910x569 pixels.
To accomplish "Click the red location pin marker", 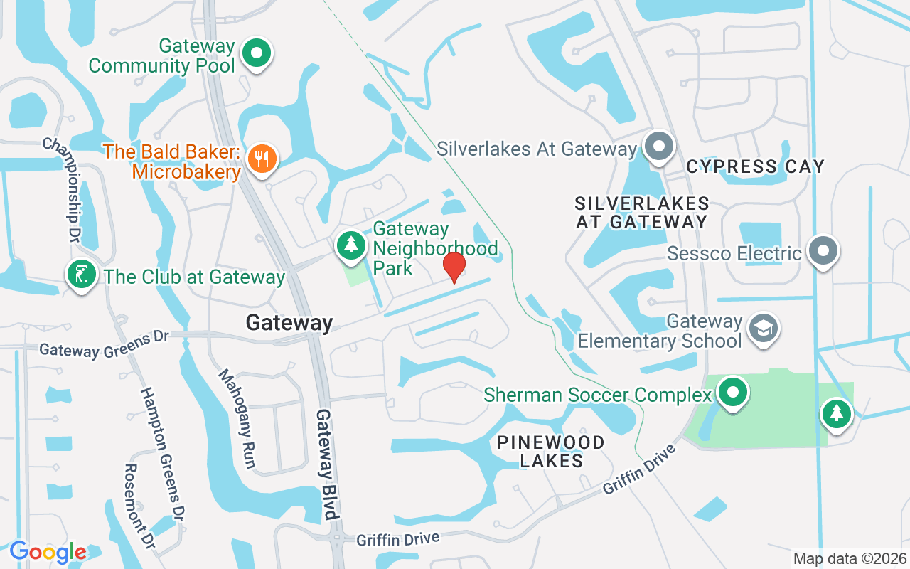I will coord(454,267).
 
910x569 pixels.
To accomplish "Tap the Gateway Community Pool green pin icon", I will coord(257,53).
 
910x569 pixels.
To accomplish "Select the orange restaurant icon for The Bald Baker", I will coord(263,158).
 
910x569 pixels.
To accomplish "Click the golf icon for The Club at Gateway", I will coord(82,274).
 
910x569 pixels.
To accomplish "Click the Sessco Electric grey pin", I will coord(823,250).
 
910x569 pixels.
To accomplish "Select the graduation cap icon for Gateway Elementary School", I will coord(764,328).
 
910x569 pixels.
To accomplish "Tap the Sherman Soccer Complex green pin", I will coord(732,392).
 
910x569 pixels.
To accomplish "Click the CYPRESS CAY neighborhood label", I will coord(755,166).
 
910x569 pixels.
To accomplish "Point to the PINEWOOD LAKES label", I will coord(551,452).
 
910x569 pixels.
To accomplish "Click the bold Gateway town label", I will coord(289,323).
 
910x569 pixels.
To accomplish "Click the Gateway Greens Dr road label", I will coord(103,344).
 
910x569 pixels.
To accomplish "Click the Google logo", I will coord(48,551).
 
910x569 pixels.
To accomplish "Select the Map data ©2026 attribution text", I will coord(850,558).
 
